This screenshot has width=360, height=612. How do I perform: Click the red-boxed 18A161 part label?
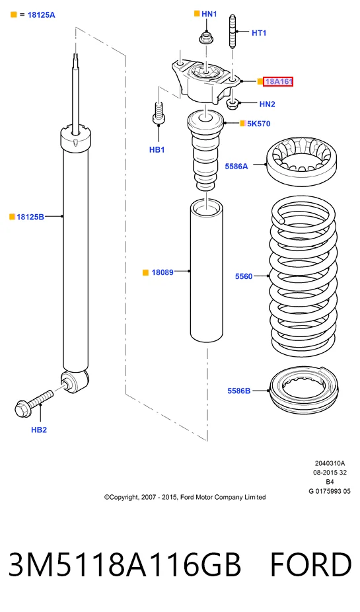point(278,81)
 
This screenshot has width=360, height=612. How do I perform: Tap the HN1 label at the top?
point(209,14)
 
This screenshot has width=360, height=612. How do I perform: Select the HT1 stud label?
point(259,33)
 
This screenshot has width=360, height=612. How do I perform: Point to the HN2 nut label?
point(267,104)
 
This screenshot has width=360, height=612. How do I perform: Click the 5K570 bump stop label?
point(258,124)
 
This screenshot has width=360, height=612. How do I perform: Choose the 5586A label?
point(236,167)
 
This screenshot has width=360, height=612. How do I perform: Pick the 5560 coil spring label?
point(244,276)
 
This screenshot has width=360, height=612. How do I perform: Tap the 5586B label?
point(239,391)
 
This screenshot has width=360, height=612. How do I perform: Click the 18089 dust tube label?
point(162,272)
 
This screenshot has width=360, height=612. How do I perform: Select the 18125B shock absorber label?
point(30,217)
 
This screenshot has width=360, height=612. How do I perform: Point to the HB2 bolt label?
point(39,430)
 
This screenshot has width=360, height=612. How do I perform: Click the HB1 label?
point(157,150)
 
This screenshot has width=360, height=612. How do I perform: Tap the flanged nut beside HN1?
point(205,38)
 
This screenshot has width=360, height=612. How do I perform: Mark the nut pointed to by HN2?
point(233,103)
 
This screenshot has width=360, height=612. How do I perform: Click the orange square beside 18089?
point(146,272)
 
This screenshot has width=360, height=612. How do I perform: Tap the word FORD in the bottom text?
point(311,565)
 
